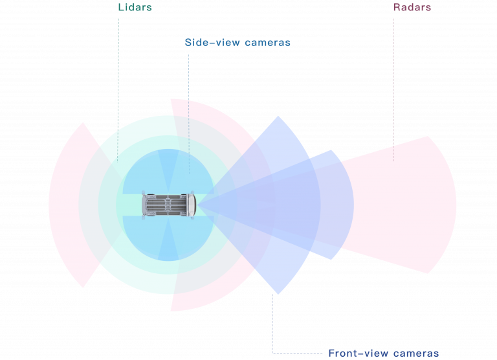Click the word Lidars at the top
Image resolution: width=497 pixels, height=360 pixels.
click(135, 8)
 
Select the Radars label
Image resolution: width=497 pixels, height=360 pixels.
click(412, 8)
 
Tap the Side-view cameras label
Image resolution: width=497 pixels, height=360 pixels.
click(237, 42)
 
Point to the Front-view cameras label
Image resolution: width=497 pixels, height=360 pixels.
click(383, 353)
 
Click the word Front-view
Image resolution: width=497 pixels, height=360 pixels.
click(356, 353)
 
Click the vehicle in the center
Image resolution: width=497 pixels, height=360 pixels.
click(168, 205)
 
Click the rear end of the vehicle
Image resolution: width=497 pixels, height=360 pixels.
click(145, 205)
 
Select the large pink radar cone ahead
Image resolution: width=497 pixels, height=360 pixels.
click(401, 205)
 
